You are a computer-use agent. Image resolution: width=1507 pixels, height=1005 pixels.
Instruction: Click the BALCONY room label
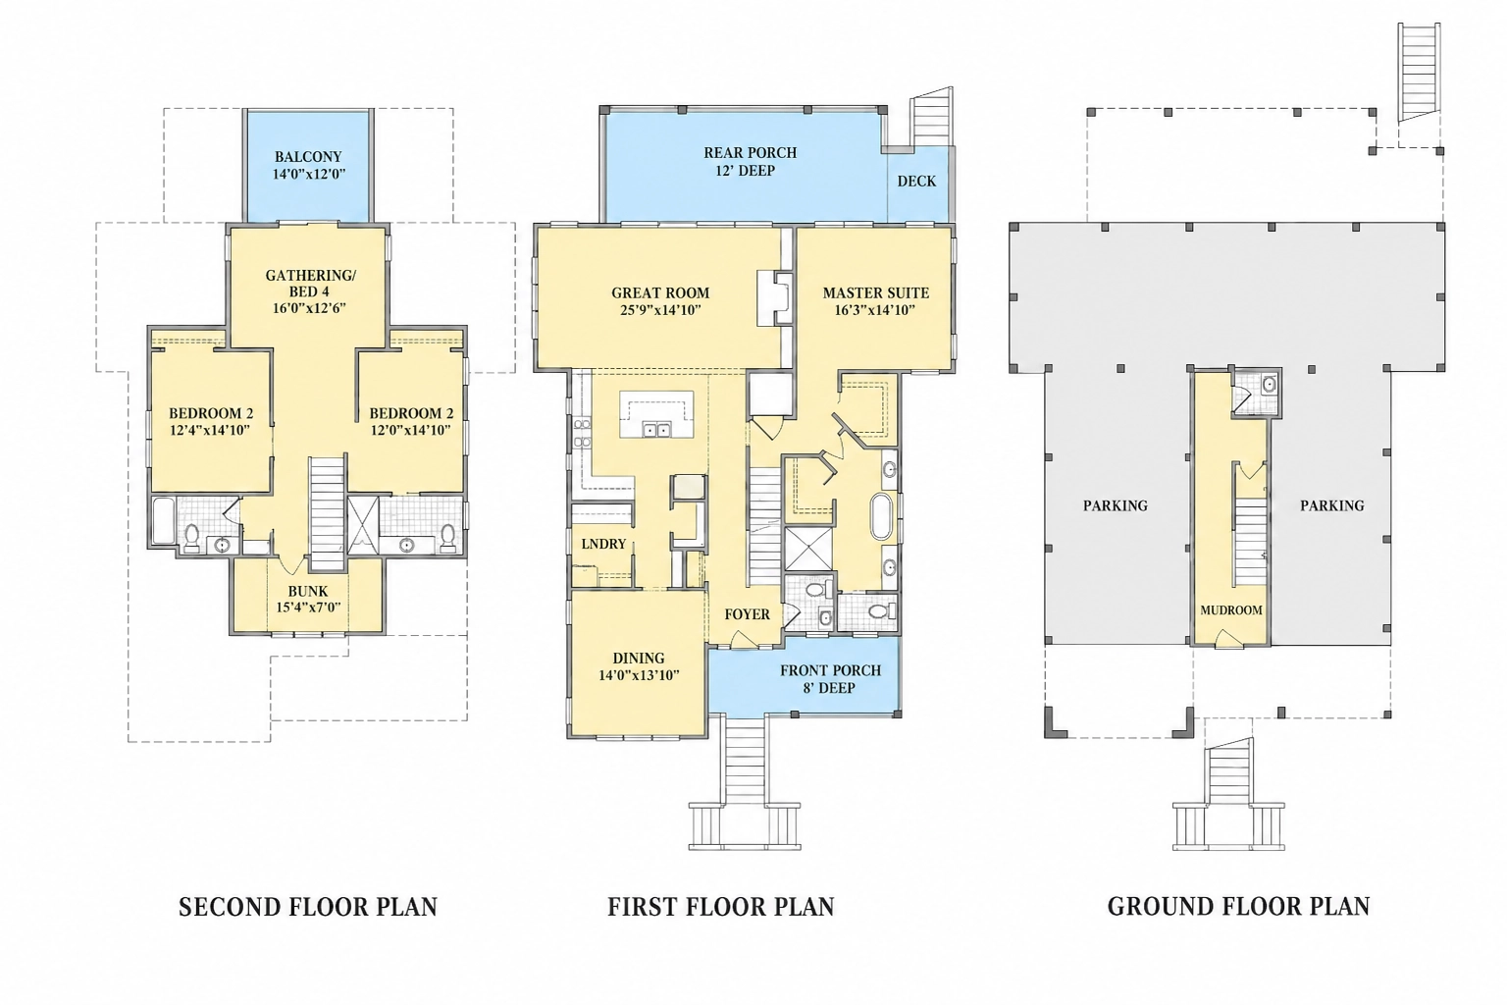click(x=308, y=157)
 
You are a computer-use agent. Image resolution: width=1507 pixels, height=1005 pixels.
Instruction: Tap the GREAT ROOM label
click(x=660, y=292)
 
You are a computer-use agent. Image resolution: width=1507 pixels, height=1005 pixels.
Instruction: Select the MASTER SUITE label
click(x=876, y=292)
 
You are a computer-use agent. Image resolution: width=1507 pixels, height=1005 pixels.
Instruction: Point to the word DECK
click(x=916, y=181)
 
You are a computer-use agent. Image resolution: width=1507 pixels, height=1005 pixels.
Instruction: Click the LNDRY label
click(x=603, y=544)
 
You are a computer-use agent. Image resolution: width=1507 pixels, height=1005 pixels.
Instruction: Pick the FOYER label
click(x=747, y=614)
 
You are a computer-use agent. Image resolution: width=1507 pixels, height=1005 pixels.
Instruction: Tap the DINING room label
click(x=639, y=659)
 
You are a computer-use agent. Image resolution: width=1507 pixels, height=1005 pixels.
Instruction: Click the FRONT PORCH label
click(x=830, y=670)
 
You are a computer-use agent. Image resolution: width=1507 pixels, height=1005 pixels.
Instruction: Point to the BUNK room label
click(x=308, y=591)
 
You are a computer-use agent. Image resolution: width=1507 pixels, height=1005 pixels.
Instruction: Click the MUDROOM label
click(x=1231, y=610)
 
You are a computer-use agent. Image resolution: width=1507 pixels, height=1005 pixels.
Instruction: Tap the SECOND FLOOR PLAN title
click(x=308, y=907)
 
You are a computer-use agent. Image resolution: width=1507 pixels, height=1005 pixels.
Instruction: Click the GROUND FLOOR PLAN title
click(x=1238, y=907)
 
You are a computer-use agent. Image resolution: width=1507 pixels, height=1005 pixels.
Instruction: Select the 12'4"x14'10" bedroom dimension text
click(x=210, y=430)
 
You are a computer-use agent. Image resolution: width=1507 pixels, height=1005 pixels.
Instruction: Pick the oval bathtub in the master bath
click(x=881, y=517)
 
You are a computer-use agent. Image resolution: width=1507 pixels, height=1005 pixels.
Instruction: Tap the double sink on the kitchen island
click(x=656, y=430)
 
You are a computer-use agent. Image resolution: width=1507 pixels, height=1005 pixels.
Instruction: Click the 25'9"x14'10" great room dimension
click(x=660, y=310)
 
